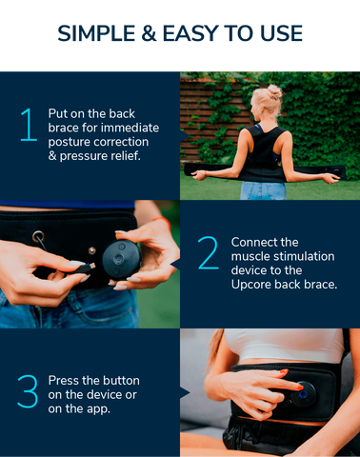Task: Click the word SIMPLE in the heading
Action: point(96,33)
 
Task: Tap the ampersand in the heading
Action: point(149,33)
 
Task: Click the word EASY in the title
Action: point(190,33)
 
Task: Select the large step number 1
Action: point(29,125)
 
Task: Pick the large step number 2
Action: point(208,253)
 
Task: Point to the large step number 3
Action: point(28,391)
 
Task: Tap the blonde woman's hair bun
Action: point(274,91)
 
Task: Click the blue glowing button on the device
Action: point(303,394)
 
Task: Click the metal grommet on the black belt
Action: point(38,237)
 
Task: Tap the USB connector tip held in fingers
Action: point(90,266)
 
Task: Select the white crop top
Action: point(284,346)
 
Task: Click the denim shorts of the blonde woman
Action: point(263,190)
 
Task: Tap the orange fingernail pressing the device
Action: point(300,387)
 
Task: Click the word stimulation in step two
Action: point(304,256)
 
